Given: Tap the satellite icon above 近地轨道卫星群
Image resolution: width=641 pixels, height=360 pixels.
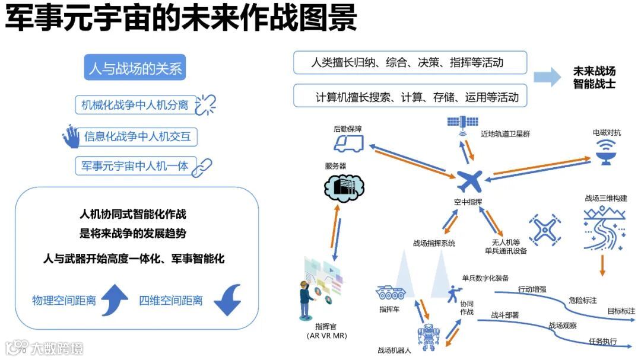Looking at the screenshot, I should click(x=462, y=123).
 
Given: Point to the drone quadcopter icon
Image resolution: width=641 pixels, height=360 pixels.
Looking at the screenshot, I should click(x=542, y=230).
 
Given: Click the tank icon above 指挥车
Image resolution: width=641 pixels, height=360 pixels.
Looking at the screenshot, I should click(x=391, y=292).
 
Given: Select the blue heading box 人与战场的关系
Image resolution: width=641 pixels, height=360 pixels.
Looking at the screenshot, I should click(x=135, y=69).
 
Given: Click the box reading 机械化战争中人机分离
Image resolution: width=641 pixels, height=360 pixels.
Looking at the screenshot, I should click(x=136, y=105).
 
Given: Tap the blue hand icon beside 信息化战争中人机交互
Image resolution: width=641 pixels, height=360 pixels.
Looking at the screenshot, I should click(x=71, y=136).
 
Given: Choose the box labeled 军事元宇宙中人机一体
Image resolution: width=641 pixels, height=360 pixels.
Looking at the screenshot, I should click(x=135, y=166).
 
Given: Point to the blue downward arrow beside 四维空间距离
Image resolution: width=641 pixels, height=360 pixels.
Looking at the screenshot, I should click(x=227, y=300).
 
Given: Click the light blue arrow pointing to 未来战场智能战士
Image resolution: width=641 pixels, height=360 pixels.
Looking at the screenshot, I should click(x=547, y=77).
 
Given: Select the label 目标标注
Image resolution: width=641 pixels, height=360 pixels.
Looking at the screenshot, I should click(x=620, y=310).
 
